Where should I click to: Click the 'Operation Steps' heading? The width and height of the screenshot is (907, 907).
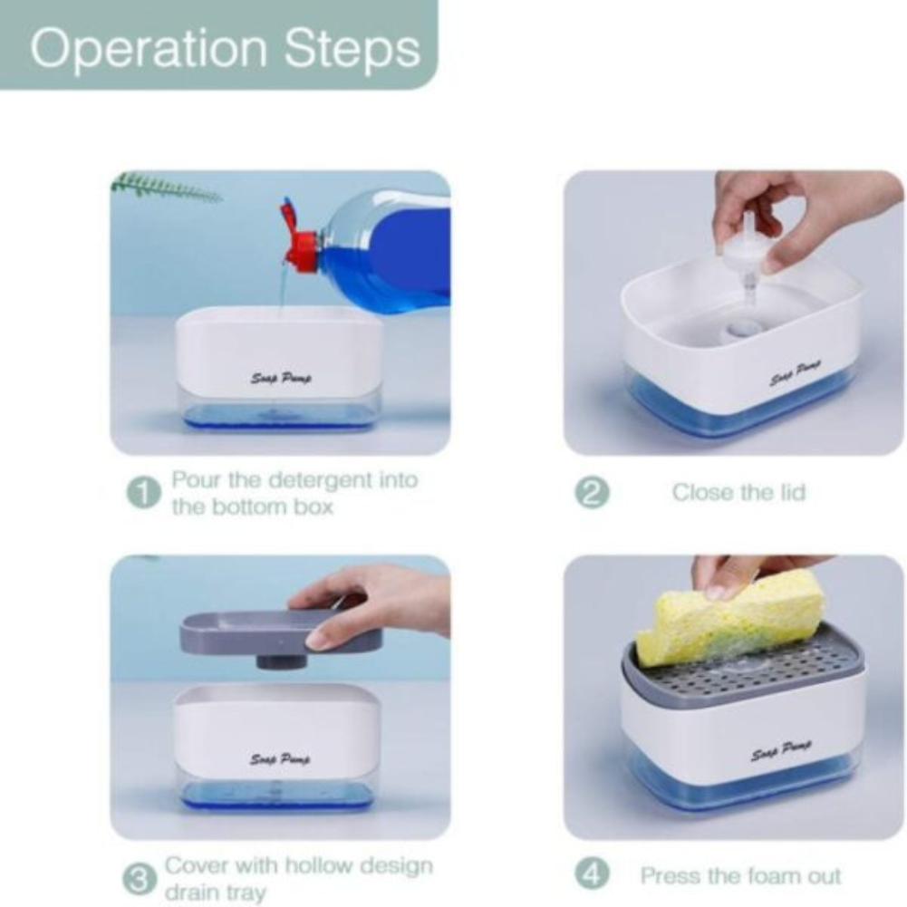tap(224, 48)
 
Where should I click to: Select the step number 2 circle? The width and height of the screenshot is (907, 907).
tap(593, 493)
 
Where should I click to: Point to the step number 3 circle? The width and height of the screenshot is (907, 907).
tap(140, 878)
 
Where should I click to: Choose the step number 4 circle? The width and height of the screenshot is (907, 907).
tap(593, 875)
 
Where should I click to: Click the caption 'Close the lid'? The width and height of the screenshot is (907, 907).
tap(738, 493)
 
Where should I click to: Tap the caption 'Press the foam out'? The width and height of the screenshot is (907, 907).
tap(740, 876)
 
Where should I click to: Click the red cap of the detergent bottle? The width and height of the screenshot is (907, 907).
tap(299, 243)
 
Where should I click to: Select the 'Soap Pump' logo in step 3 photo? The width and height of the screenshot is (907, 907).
tap(280, 758)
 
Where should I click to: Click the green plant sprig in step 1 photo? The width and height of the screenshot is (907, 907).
tap(163, 188)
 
